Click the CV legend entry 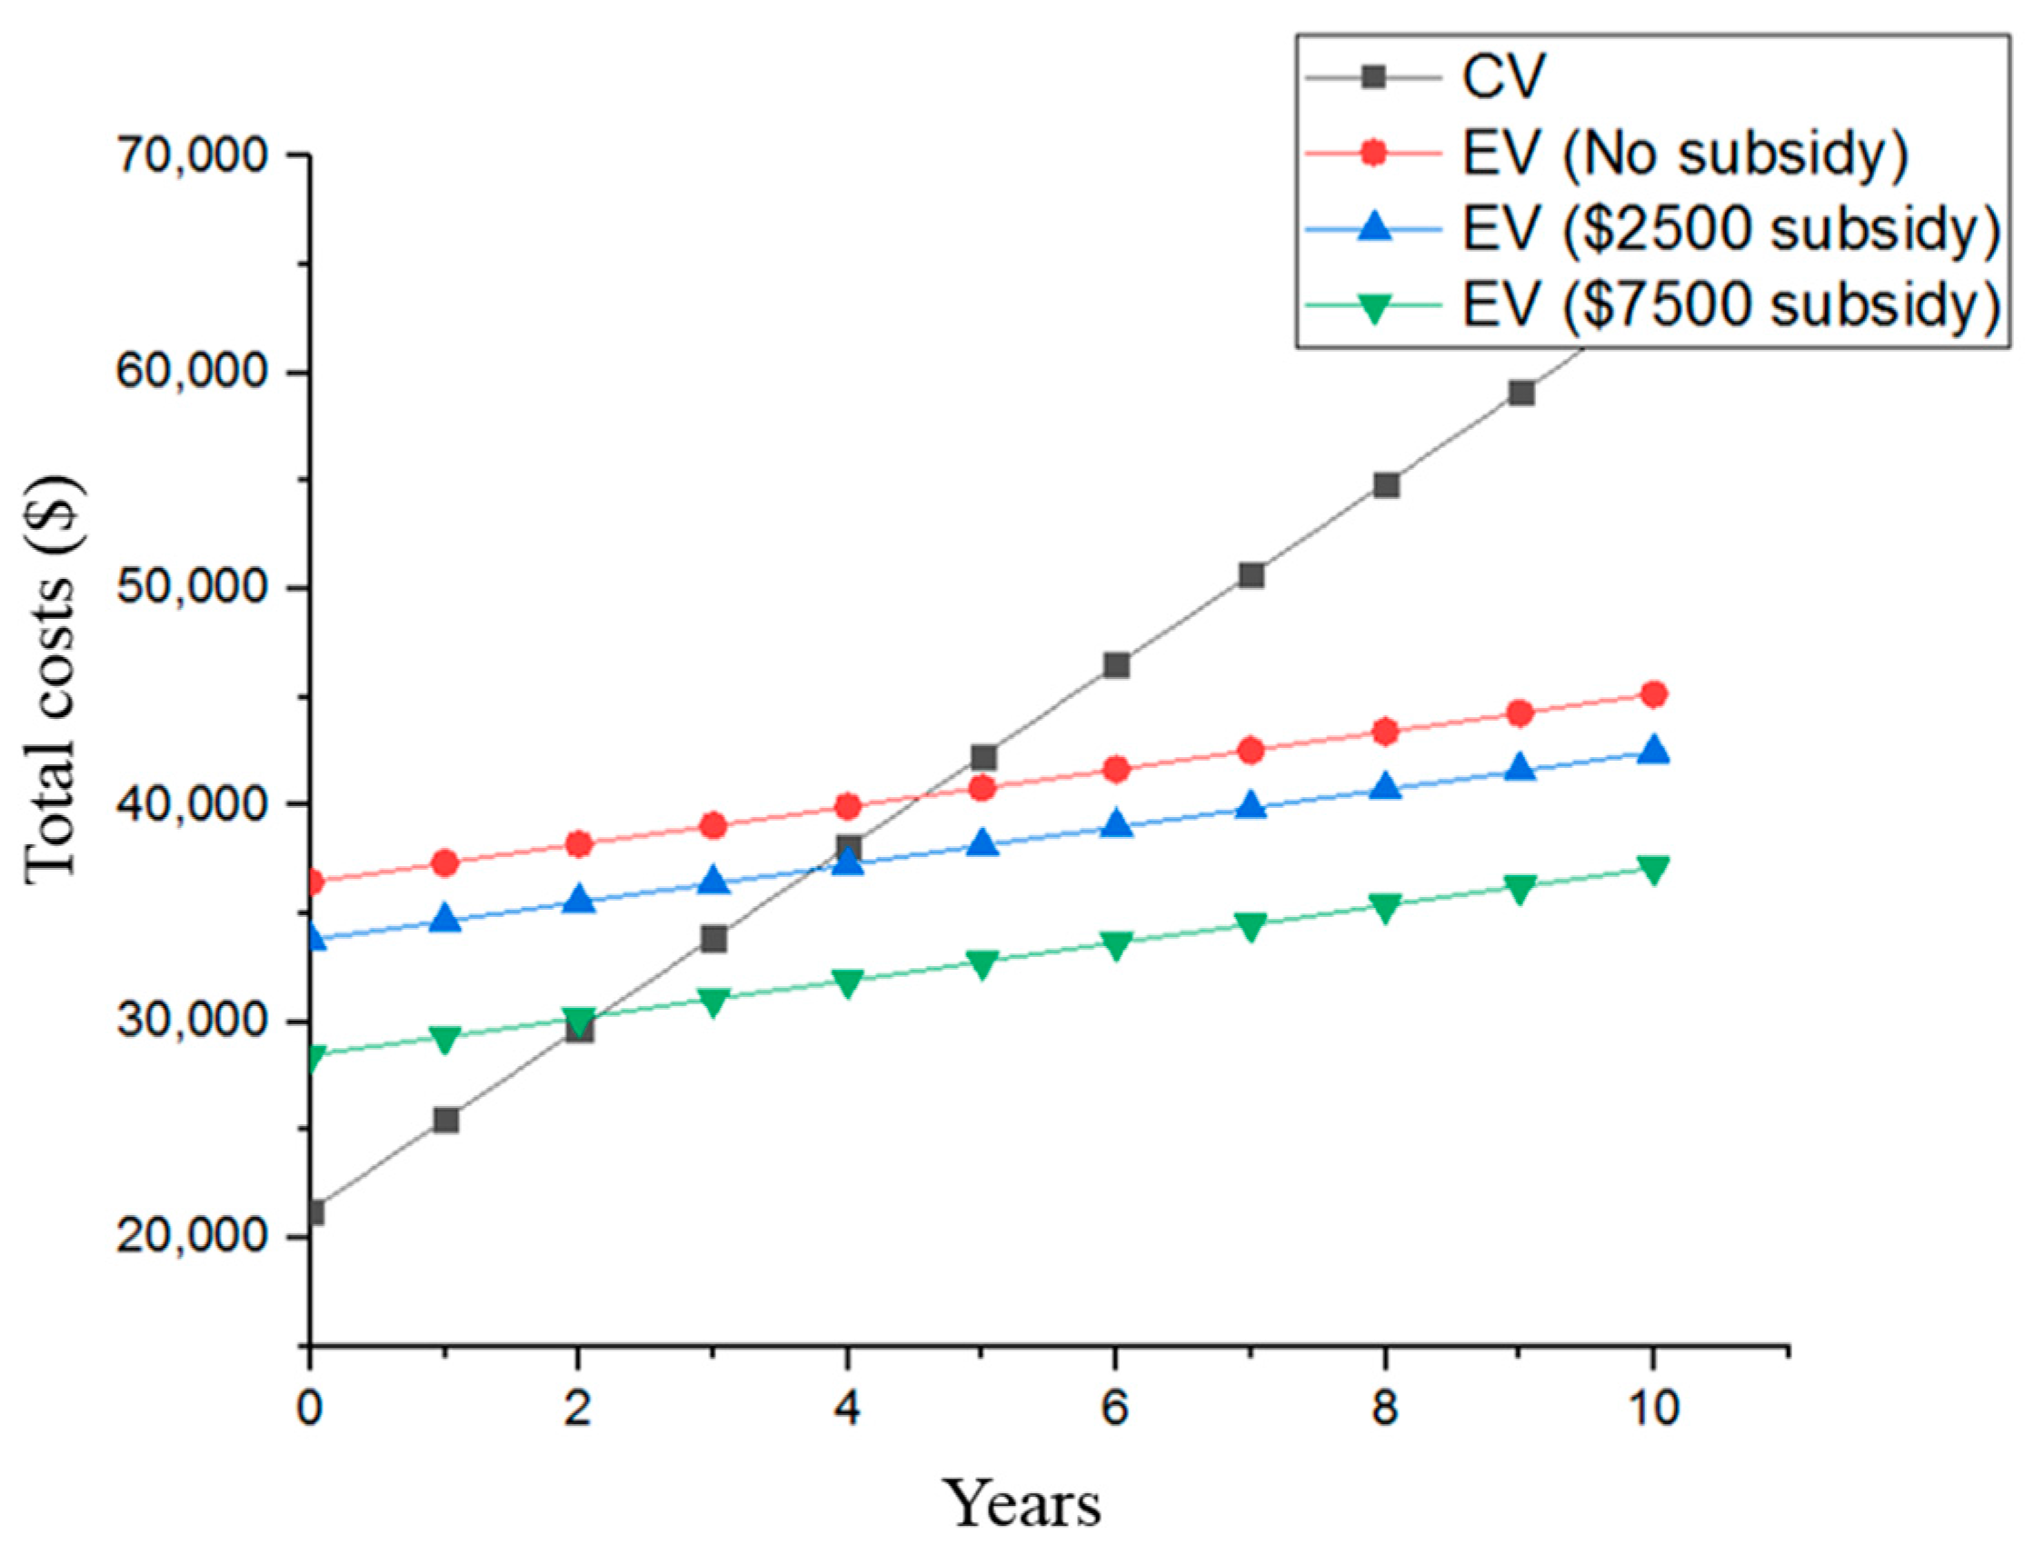pyautogui.click(x=1503, y=76)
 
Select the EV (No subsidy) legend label pyautogui.click(x=1684, y=153)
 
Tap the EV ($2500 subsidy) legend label pyautogui.click(x=1730, y=229)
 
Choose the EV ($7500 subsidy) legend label pyautogui.click(x=1730, y=304)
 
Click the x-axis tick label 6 pyautogui.click(x=1115, y=1409)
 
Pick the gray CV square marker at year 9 pyautogui.click(x=1521, y=394)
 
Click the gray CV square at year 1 pyautogui.click(x=446, y=1121)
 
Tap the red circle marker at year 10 pyautogui.click(x=1654, y=694)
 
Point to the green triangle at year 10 pyautogui.click(x=1654, y=869)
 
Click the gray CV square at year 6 pyautogui.click(x=1116, y=664)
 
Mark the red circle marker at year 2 pyautogui.click(x=579, y=843)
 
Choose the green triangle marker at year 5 pyautogui.click(x=982, y=963)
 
